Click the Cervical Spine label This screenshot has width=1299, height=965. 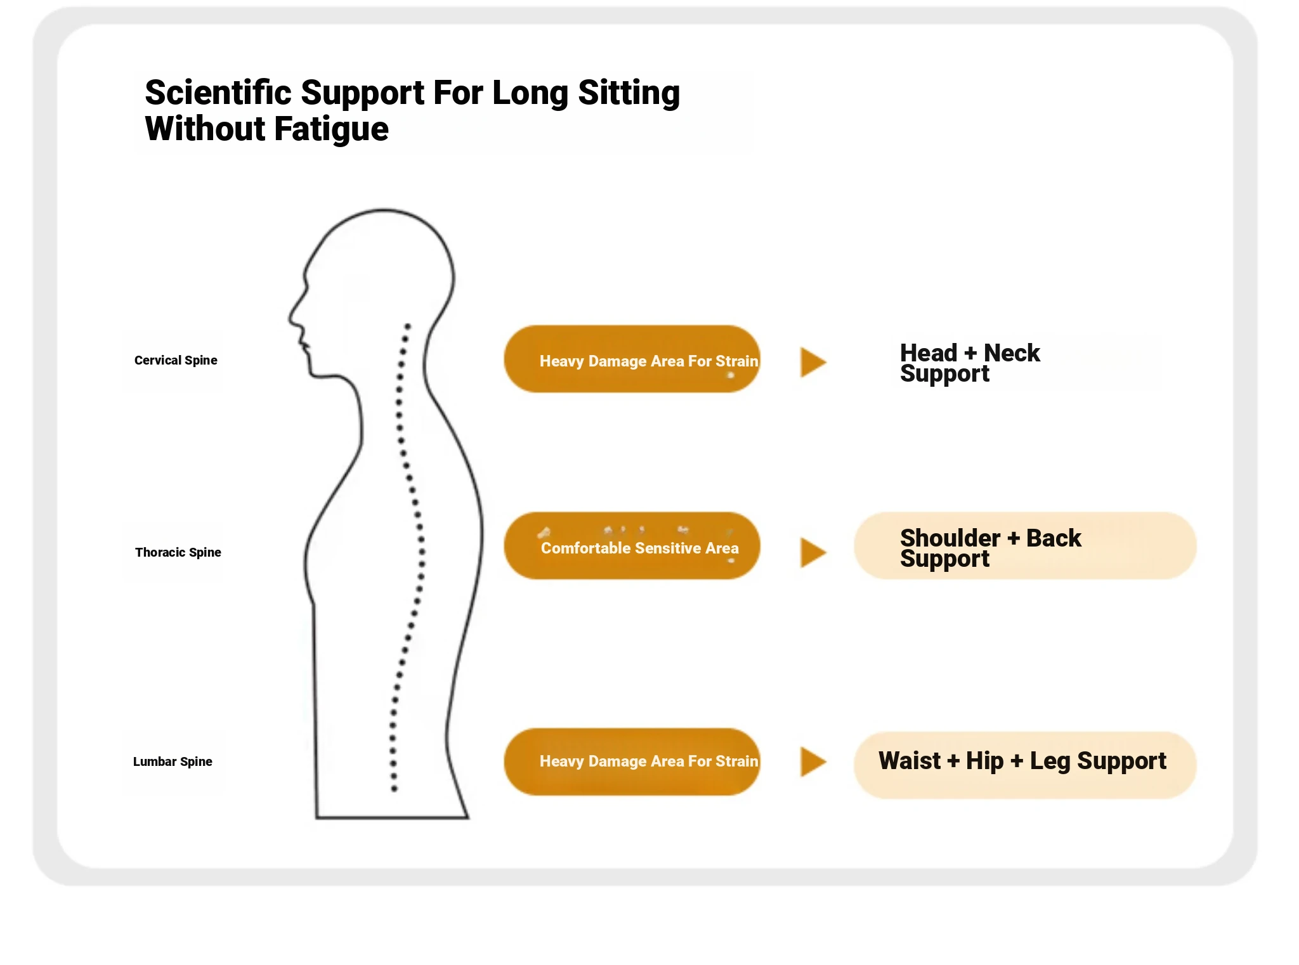point(176,360)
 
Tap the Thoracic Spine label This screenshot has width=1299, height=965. point(178,552)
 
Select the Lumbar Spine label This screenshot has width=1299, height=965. point(173,761)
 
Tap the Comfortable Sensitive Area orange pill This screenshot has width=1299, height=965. point(632,546)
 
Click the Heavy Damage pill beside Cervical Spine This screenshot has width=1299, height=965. point(632,359)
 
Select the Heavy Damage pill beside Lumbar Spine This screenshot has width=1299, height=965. point(632,761)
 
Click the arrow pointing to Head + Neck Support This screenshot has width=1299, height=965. point(813,362)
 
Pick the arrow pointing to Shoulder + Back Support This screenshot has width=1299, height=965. point(813,552)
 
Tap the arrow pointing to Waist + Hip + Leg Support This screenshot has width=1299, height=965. point(813,761)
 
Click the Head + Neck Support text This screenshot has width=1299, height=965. point(970,363)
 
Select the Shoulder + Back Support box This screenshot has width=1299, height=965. point(1025,546)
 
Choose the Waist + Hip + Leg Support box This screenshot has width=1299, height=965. point(1025,765)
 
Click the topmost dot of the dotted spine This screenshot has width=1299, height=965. point(408,327)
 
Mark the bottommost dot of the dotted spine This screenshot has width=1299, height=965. point(394,789)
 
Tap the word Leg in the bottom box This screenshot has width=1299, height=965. point(1050,761)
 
